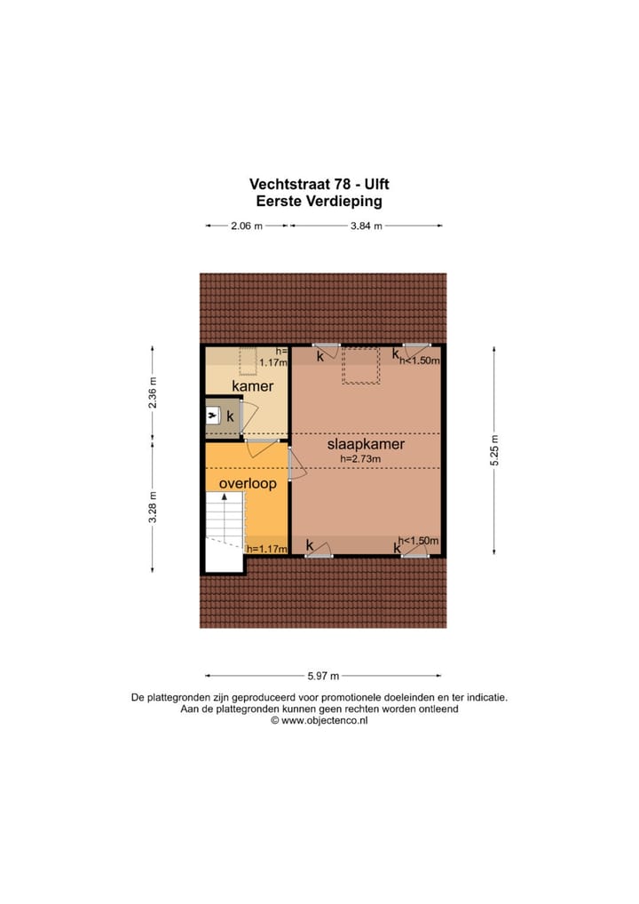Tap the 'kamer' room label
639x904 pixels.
[x=253, y=386]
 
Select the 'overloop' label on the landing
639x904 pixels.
[x=248, y=484]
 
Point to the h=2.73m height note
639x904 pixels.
[x=365, y=459]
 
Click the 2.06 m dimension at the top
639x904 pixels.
[x=246, y=226]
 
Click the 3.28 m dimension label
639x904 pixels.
[x=152, y=507]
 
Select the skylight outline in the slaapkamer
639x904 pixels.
[x=361, y=367]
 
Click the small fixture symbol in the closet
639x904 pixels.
[x=213, y=416]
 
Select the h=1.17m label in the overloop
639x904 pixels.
[x=267, y=549]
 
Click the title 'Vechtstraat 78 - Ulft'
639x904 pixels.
[x=319, y=184]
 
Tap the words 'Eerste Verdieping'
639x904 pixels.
[x=319, y=201]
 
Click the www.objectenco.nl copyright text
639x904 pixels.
[x=319, y=721]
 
